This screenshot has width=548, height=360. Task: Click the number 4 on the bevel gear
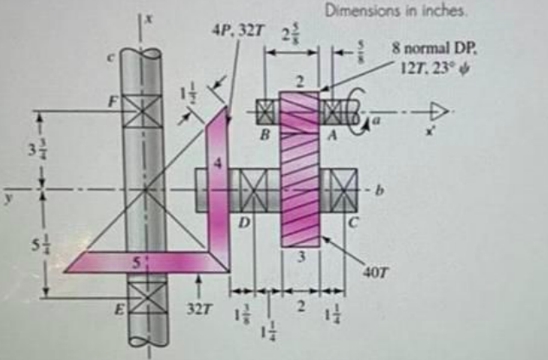click(219, 161)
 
